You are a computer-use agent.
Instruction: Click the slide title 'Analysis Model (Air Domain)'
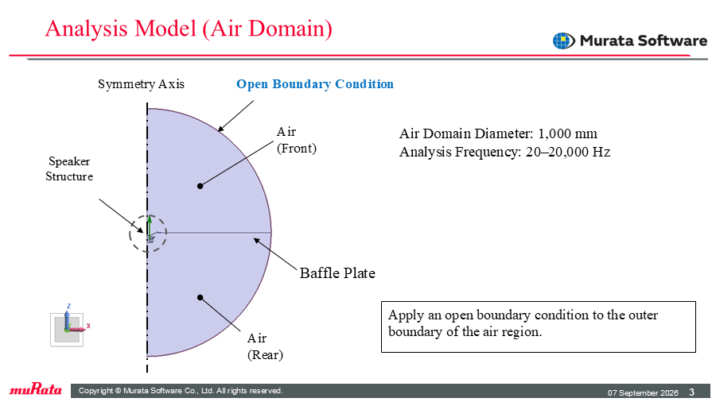tap(189, 29)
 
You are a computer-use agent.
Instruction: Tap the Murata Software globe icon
tap(563, 41)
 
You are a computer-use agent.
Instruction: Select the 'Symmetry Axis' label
tap(141, 84)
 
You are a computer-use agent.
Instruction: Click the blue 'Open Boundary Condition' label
tap(314, 84)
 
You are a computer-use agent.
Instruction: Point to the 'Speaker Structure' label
tap(69, 168)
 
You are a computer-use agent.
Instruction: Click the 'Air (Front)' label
tap(297, 140)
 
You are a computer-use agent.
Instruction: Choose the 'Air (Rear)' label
tap(265, 346)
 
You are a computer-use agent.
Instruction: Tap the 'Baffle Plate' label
tap(337, 273)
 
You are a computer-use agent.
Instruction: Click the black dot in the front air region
tap(200, 186)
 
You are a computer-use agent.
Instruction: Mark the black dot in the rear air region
tap(200, 298)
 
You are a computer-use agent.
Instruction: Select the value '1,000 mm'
tap(567, 133)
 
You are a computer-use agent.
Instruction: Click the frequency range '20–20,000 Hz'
tap(568, 152)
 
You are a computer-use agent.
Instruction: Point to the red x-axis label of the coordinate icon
tap(88, 326)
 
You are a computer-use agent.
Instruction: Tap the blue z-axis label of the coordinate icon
tap(69, 306)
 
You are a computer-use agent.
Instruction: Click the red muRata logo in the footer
tap(36, 389)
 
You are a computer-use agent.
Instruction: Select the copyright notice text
tap(181, 391)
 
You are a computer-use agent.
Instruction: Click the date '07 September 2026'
tap(643, 392)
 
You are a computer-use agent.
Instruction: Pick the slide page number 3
tap(692, 392)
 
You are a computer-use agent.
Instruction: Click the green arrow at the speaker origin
tap(150, 226)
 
